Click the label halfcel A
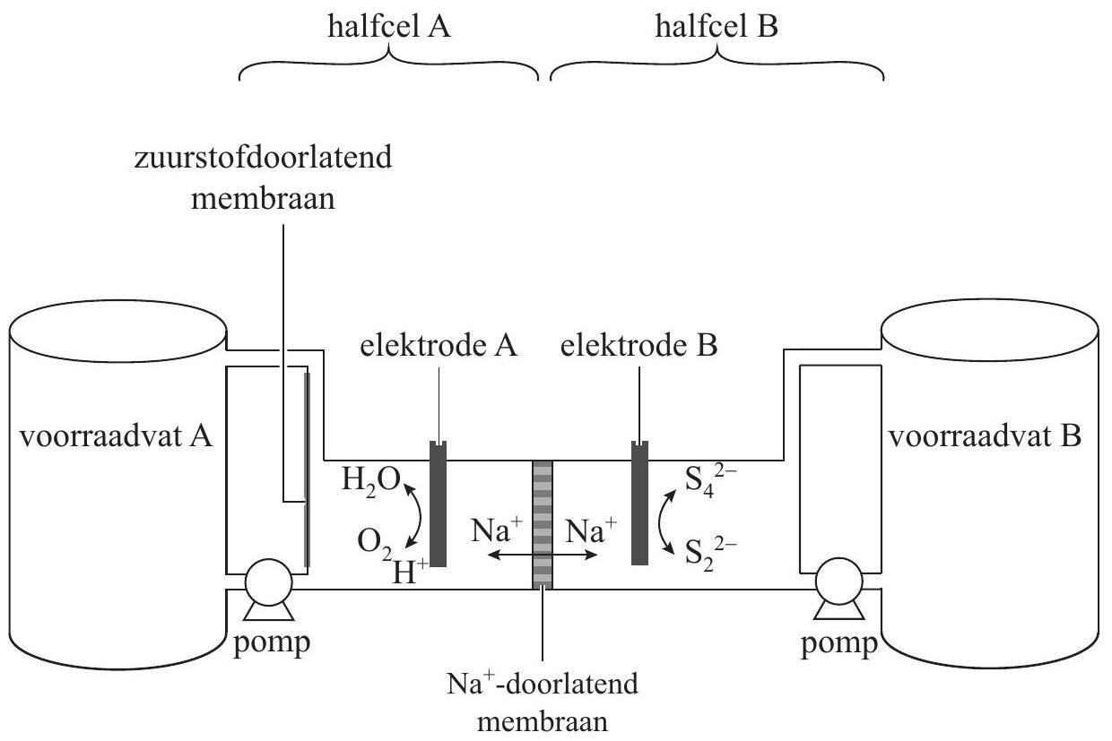click(388, 27)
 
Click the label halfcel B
click(717, 27)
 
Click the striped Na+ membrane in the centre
click(543, 524)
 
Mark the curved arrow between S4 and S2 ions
click(666, 518)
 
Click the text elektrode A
click(439, 347)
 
